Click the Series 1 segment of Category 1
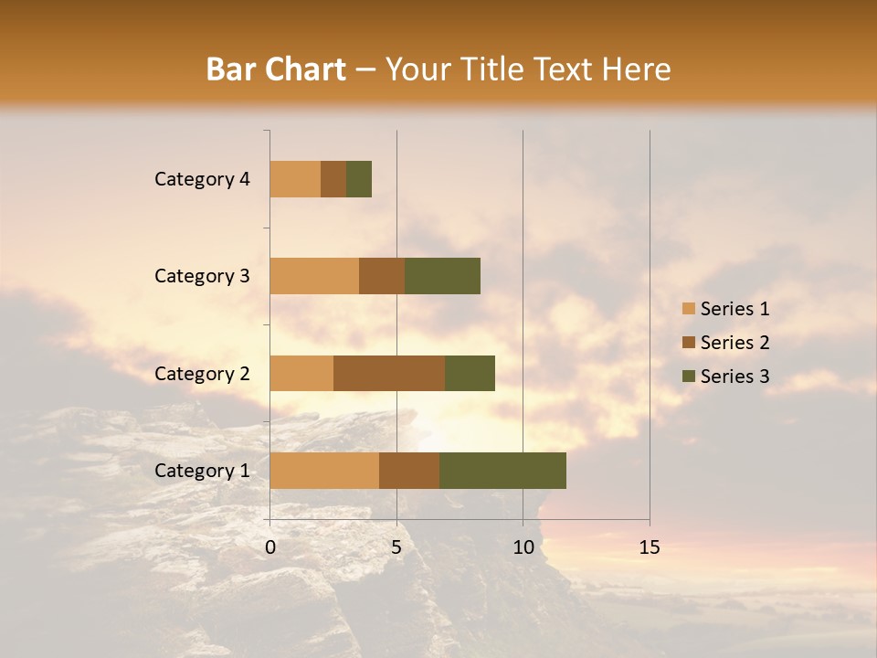(x=324, y=471)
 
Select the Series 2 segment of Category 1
(x=409, y=471)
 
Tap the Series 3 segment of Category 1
(x=502, y=471)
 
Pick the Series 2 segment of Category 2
(x=389, y=373)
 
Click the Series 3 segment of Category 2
(x=470, y=373)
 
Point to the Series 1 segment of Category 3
(x=314, y=276)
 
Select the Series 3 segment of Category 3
(x=442, y=276)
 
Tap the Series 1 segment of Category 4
(x=295, y=179)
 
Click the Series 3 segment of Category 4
(x=359, y=179)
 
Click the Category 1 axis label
(x=202, y=471)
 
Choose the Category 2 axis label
(x=202, y=374)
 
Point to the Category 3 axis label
(x=202, y=276)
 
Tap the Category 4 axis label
(x=202, y=179)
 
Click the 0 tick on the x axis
(x=270, y=547)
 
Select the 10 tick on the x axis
(x=523, y=547)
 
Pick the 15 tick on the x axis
(x=650, y=547)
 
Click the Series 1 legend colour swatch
(x=688, y=309)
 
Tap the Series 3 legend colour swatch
(x=688, y=377)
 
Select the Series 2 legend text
(x=734, y=343)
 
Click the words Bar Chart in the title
(x=275, y=69)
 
